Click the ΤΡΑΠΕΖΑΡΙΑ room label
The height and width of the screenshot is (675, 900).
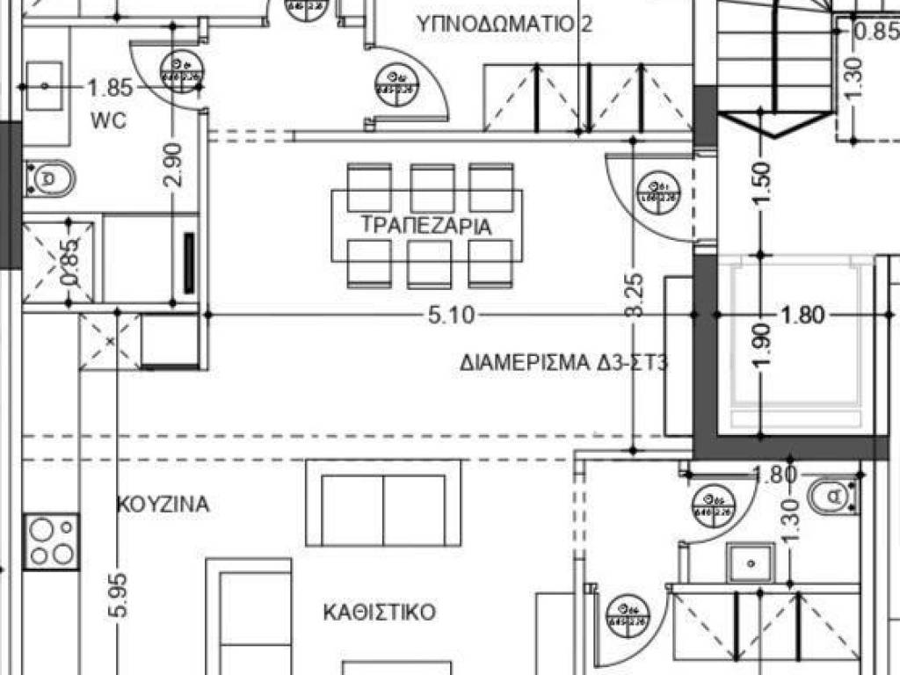[x=426, y=226]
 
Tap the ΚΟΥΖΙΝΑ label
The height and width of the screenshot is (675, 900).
[x=163, y=504]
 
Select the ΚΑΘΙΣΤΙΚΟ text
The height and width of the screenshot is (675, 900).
[x=379, y=612]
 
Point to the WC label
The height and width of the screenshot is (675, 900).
[x=108, y=120]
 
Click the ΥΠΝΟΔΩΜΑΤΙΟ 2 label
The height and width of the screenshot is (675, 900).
[x=504, y=25]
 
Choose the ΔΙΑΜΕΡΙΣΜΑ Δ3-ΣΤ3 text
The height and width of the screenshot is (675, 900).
[x=563, y=363]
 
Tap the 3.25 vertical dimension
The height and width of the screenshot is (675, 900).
[x=635, y=299]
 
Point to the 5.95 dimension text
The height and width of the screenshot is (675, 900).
[x=119, y=599]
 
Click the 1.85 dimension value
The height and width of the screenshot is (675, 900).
[x=110, y=87]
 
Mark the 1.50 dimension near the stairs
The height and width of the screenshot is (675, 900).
[x=762, y=183]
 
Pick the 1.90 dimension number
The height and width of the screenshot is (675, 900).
[x=762, y=345]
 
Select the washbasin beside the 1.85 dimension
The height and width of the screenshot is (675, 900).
[x=43, y=85]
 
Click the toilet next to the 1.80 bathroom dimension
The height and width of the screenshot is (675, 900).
[x=830, y=497]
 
